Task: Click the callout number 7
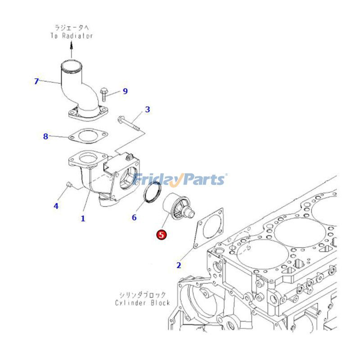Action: pyautogui.click(x=37, y=81)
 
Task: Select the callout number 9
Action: pyautogui.click(x=125, y=91)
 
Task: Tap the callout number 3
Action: pyautogui.click(x=147, y=109)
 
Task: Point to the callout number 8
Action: pyautogui.click(x=45, y=136)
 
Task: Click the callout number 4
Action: pyautogui.click(x=56, y=206)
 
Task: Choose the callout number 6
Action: pyautogui.click(x=134, y=217)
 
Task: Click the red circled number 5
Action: pyautogui.click(x=161, y=234)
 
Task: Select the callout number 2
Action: pyautogui.click(x=179, y=265)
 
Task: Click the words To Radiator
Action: pyautogui.click(x=72, y=35)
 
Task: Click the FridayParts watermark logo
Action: pyautogui.click(x=180, y=180)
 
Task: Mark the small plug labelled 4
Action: pyautogui.click(x=68, y=184)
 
